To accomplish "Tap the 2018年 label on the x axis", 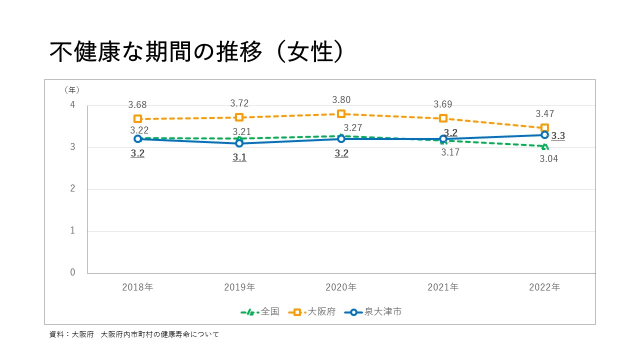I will pyautogui.click(x=137, y=287).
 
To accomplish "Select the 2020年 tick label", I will pyautogui.click(x=341, y=287).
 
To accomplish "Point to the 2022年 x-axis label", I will pyautogui.click(x=544, y=287).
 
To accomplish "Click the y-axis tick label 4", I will pyautogui.click(x=72, y=105).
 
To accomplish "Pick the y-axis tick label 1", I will pyautogui.click(x=72, y=230).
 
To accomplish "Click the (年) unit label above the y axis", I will pyautogui.click(x=71, y=90).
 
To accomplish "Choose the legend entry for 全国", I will pyautogui.click(x=260, y=311).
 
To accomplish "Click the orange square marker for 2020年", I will pyautogui.click(x=341, y=114).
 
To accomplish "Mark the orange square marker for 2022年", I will pyautogui.click(x=544, y=128).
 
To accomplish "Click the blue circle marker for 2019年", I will pyautogui.click(x=239, y=143).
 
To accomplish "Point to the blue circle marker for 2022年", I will pyautogui.click(x=544, y=135).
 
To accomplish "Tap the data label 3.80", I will pyautogui.click(x=341, y=100).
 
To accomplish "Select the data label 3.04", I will pyautogui.click(x=549, y=159).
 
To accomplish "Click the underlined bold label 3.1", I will pyautogui.click(x=239, y=157).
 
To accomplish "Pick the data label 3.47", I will pyautogui.click(x=544, y=114).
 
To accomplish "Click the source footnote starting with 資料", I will pyautogui.click(x=134, y=334).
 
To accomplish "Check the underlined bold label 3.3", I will pyautogui.click(x=558, y=136).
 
